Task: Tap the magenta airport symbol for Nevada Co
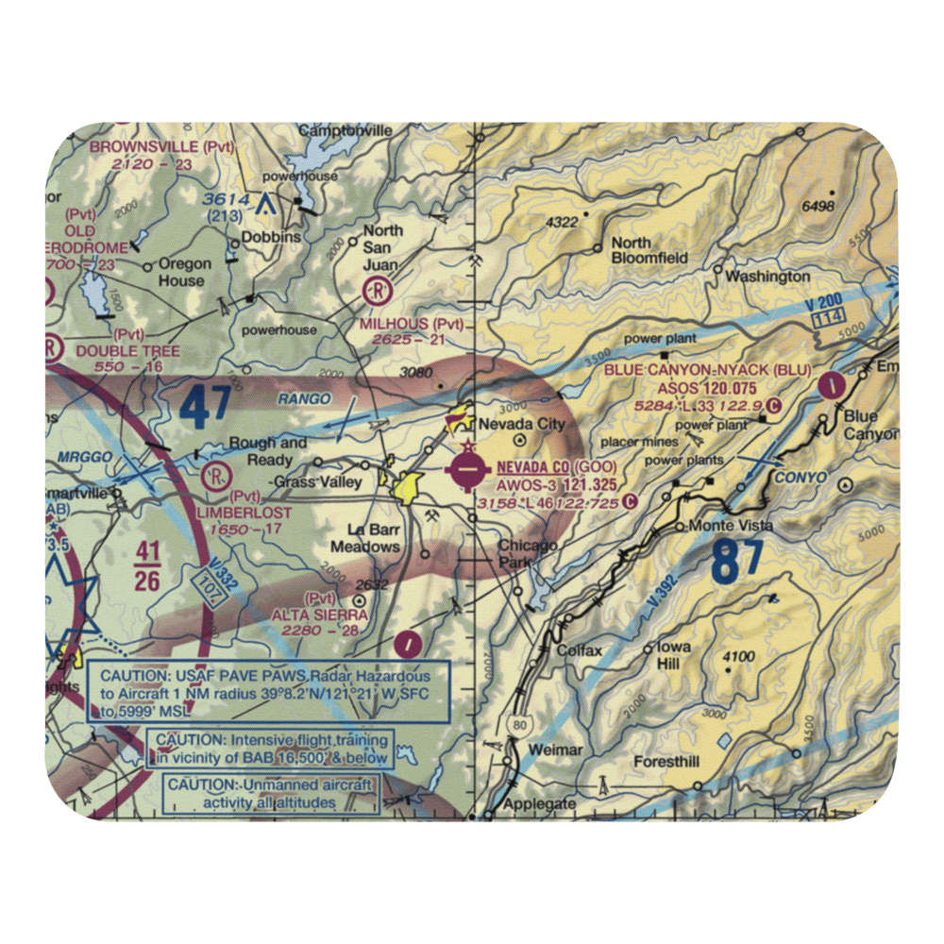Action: coord(469,470)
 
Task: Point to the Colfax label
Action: coord(579,650)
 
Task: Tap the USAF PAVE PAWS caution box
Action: coord(268,691)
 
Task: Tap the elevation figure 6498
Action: coord(818,207)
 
